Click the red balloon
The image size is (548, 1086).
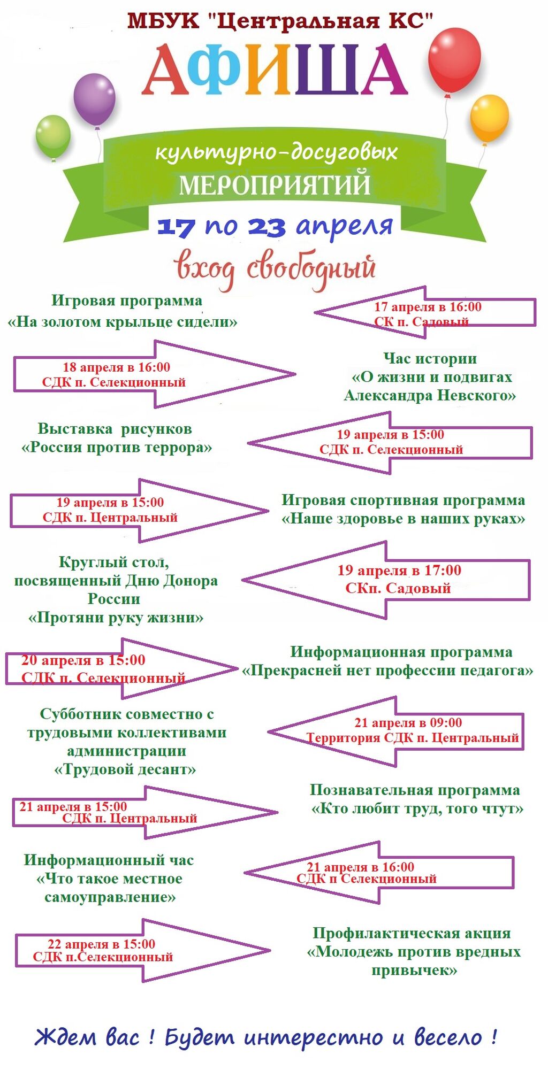coord(454,60)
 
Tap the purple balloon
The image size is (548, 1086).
coord(94,99)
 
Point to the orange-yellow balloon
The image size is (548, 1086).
coord(489,118)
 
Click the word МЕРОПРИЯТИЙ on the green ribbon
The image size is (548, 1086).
coord(275,184)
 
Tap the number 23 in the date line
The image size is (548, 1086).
coord(266,227)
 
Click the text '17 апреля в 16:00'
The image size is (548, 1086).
coord(428,307)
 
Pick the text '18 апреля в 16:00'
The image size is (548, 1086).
coord(116,367)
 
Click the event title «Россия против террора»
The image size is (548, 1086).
coord(117,447)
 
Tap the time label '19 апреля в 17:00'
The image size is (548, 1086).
coord(399,571)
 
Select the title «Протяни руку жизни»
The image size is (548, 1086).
coord(116,618)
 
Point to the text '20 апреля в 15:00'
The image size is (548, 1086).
coord(83,660)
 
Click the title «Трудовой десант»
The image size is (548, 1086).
coord(125,769)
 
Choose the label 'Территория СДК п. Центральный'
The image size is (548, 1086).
coord(413,738)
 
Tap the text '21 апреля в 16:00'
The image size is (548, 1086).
coord(360,867)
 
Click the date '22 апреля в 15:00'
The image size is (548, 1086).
coord(102,944)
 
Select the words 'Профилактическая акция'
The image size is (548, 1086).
coord(412,933)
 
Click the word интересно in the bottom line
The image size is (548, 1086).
coord(313,1038)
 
